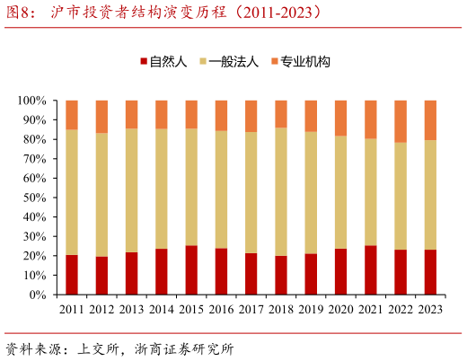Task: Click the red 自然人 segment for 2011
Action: [x=72, y=275]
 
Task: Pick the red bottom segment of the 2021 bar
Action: [x=371, y=270]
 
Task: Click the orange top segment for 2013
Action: [x=131, y=114]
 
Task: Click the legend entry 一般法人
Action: [x=233, y=62]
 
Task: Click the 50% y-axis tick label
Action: [x=36, y=198]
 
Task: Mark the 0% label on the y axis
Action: [x=40, y=295]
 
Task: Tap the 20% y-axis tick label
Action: [x=36, y=256]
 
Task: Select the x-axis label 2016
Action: [x=221, y=310]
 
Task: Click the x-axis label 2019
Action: [x=311, y=310]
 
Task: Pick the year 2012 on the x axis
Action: [x=101, y=310]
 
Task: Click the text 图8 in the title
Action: [x=20, y=13]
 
